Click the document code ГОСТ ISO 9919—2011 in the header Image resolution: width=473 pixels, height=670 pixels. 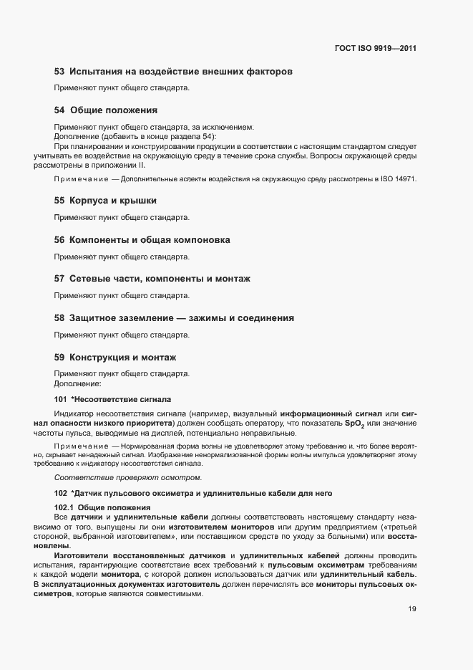375,49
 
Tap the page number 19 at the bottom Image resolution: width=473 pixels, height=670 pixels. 412,609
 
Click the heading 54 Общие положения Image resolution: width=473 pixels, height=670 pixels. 106,110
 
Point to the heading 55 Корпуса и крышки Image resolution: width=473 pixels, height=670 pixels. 106,201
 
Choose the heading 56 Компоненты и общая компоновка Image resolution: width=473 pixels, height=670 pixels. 142,239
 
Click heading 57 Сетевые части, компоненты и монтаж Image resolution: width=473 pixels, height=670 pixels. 152,278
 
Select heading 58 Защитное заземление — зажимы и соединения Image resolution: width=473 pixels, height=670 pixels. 175,317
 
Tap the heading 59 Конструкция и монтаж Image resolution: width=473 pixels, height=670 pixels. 115,356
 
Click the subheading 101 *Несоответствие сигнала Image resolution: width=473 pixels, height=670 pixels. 112,398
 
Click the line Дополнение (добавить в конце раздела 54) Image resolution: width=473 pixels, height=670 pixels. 134,136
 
